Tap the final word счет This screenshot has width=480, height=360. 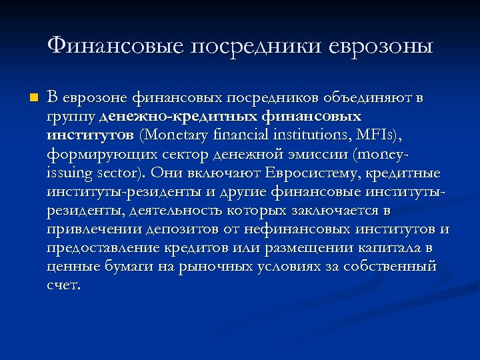(x=63, y=285)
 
